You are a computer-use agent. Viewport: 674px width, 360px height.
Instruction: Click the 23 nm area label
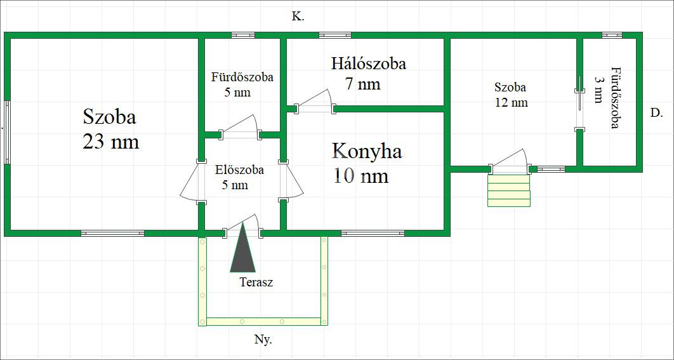coord(110,141)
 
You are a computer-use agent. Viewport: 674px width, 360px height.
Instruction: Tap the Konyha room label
coord(367,151)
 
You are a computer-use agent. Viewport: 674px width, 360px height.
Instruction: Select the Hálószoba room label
coord(368,63)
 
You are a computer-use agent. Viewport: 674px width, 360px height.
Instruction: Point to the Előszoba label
coord(239,170)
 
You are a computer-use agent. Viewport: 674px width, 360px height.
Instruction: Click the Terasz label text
coord(256,283)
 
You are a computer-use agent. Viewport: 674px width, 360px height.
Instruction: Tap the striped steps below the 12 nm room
coord(508,190)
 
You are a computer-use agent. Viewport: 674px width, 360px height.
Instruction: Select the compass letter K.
coord(298,17)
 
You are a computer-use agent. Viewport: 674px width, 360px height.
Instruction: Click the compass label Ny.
coord(263,340)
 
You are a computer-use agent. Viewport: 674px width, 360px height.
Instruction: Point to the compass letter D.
coord(656,113)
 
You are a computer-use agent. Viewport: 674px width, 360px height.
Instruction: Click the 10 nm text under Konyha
coord(360,176)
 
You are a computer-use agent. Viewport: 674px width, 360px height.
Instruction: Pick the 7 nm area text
coord(362,84)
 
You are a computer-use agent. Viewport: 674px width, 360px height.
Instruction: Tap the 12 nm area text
coord(511,102)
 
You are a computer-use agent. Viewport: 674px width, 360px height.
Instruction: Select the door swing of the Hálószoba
coord(314,102)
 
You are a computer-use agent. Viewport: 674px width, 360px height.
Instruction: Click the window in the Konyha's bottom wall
coord(373,233)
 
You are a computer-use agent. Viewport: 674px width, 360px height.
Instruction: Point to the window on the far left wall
coord(7,132)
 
